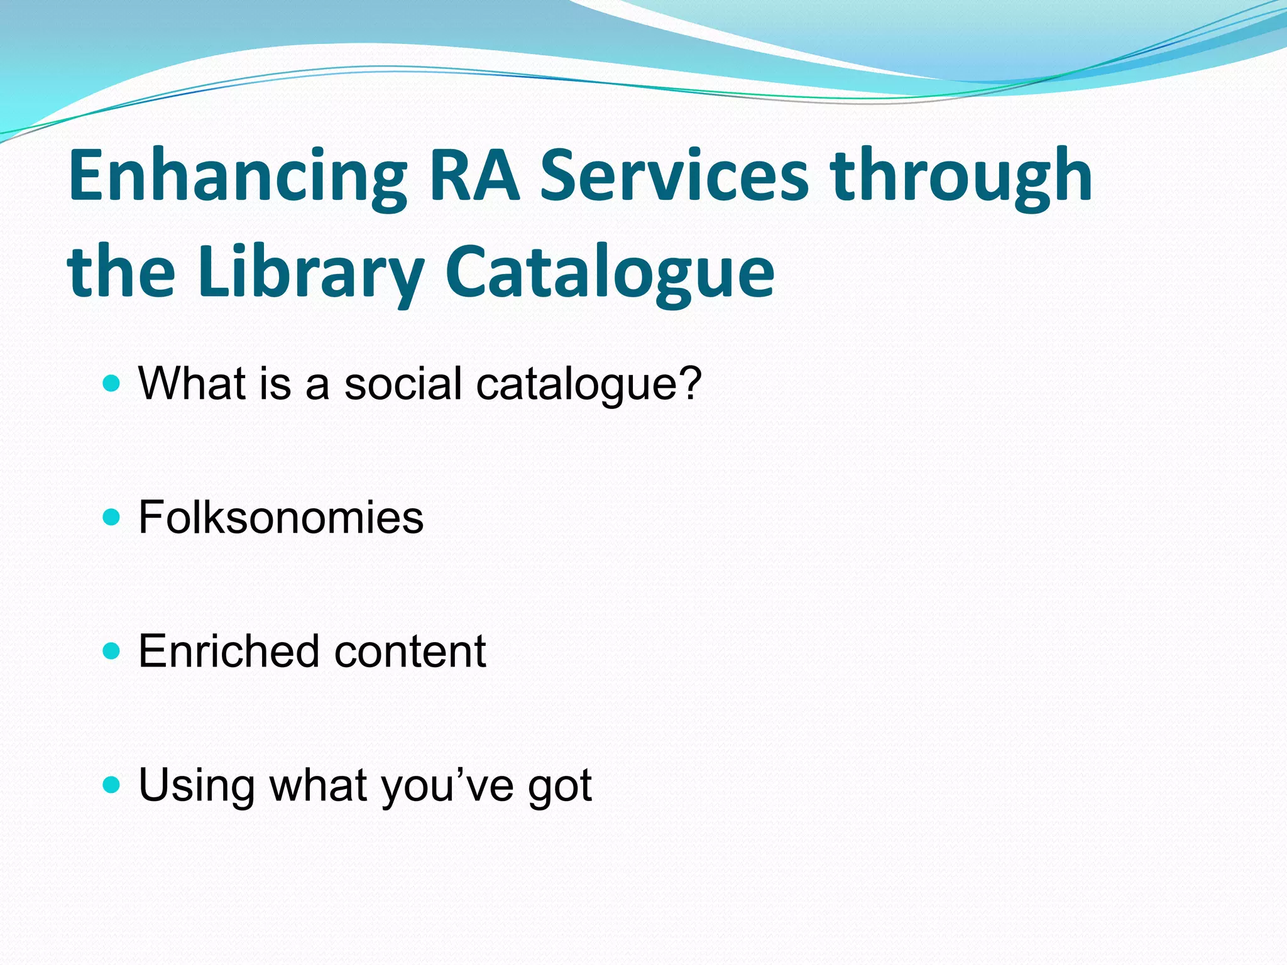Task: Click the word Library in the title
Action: point(310,274)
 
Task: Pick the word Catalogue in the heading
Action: point(610,274)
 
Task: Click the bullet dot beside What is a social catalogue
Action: point(111,383)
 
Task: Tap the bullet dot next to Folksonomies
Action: point(111,517)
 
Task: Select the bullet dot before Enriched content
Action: point(111,651)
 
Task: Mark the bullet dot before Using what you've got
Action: point(111,785)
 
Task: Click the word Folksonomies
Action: point(281,517)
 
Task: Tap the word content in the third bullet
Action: point(410,651)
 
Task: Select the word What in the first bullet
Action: point(192,383)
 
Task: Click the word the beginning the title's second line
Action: point(121,274)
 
